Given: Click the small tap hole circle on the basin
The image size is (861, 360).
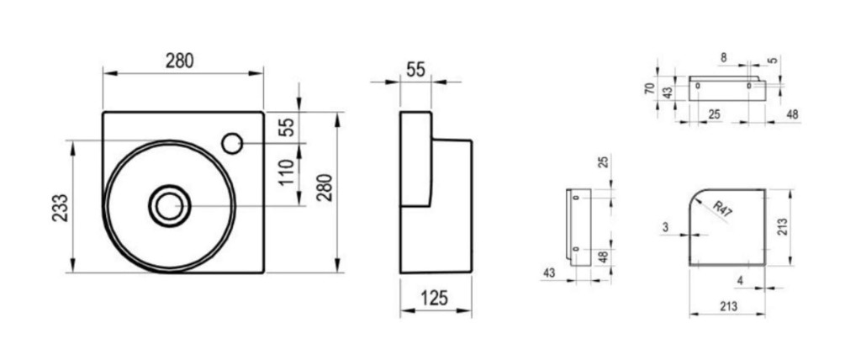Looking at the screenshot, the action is coord(232,144).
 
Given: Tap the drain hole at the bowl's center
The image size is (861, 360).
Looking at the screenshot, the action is coord(170,205).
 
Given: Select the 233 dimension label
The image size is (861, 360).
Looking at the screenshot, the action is coord(61,207).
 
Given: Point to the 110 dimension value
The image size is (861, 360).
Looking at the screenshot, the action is coord(287,172).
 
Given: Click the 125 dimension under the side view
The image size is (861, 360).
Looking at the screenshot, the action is coord(435,298).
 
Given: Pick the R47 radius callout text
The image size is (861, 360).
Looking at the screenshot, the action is coord(722,209).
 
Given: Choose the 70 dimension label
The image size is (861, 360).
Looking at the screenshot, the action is coord(650,88).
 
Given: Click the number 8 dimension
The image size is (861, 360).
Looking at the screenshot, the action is coord(723,56).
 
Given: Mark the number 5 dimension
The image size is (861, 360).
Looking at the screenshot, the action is coord(774,60).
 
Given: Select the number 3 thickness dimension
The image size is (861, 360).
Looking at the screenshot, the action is coord(665,226).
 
